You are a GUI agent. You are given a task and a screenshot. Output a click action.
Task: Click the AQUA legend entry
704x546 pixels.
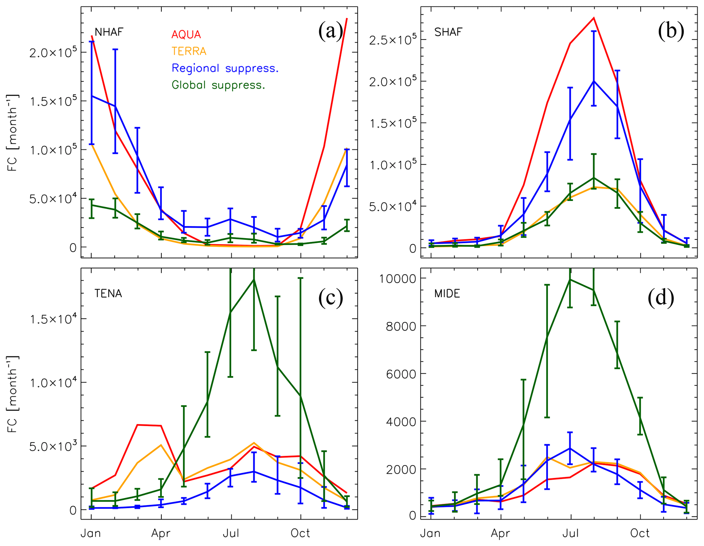(186, 34)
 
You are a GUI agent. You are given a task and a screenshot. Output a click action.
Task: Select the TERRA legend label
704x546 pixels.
(189, 51)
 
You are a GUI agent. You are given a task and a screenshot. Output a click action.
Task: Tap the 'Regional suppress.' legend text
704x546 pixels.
(225, 68)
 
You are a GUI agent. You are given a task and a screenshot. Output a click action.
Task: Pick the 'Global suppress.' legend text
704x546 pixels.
(218, 85)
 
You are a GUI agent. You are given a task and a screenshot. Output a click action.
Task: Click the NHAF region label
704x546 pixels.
(109, 32)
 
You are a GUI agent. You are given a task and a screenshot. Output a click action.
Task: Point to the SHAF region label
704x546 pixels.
(448, 32)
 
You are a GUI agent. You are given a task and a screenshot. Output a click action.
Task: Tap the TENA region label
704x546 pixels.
(108, 294)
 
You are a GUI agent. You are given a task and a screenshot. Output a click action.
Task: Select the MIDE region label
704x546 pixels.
(447, 294)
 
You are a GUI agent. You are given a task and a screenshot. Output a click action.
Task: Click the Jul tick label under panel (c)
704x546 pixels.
(231, 533)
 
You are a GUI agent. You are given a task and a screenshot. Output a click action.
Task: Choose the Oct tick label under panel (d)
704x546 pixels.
(640, 533)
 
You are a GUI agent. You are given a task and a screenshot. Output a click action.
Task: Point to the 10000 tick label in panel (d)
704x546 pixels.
(398, 279)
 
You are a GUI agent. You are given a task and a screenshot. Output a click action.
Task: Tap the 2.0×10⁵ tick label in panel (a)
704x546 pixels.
(53, 53)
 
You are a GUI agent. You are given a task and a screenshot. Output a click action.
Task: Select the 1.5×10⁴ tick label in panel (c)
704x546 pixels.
(53, 319)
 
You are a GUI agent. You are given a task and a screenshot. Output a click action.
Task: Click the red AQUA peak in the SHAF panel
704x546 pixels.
(594, 18)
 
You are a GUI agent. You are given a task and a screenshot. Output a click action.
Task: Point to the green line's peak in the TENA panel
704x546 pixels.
(254, 280)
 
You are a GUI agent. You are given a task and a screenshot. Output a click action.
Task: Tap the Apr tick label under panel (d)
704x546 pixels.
(500, 533)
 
